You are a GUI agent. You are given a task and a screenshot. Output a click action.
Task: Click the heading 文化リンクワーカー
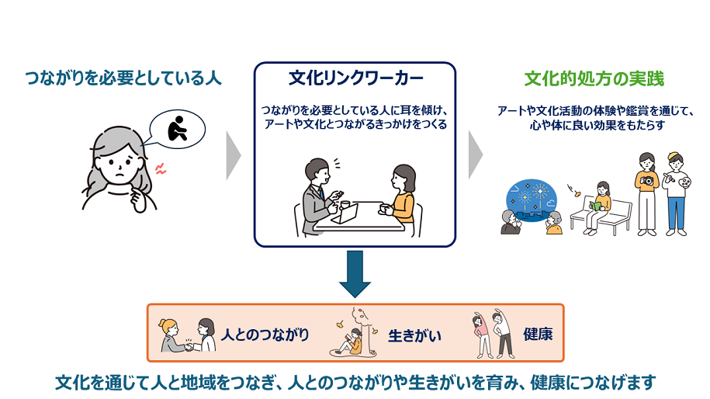tap(356, 78)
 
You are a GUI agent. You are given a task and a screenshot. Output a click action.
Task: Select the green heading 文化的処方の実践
tap(594, 79)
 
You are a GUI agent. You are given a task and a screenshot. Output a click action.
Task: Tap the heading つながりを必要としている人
tap(123, 78)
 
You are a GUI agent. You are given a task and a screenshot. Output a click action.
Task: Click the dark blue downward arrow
tap(355, 274)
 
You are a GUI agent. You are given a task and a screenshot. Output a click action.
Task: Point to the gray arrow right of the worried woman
tap(234, 155)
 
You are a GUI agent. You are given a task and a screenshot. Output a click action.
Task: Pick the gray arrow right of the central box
tap(476, 155)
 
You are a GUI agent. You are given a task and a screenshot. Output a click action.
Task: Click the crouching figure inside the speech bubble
tap(177, 129)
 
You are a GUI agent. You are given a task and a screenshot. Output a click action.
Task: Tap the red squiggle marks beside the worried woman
tap(161, 169)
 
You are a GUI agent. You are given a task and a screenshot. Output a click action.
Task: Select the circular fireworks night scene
tap(531, 200)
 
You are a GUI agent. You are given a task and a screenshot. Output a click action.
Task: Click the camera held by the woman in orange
tap(648, 181)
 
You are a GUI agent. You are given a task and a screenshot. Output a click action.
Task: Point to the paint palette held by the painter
tap(684, 182)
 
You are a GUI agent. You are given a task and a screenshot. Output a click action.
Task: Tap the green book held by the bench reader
tap(594, 206)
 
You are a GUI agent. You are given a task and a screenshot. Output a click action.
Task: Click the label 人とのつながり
tap(265, 335)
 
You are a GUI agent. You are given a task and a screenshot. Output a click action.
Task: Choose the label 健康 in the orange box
tap(538, 335)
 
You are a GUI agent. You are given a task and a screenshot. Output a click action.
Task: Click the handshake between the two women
tap(189, 347)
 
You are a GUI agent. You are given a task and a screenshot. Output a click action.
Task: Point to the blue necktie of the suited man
tap(321, 193)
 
